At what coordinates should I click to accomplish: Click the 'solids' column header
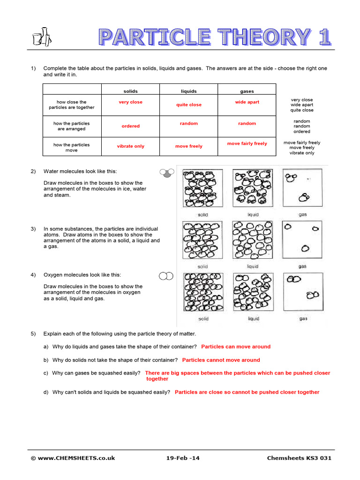click(130, 91)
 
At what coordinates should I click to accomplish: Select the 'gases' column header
click(247, 91)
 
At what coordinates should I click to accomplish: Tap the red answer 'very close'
click(130, 102)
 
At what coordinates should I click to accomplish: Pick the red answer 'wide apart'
click(247, 102)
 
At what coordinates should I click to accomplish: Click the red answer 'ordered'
click(131, 126)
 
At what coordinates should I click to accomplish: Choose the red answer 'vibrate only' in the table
click(131, 146)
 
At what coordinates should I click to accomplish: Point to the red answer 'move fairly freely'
click(247, 143)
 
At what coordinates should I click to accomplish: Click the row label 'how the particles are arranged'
click(72, 126)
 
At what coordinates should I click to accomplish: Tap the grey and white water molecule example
click(166, 172)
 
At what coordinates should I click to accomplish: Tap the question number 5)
click(33, 334)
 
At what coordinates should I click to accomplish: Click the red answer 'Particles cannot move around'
click(221, 360)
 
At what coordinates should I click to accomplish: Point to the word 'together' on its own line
click(157, 379)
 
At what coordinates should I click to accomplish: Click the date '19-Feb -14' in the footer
click(183, 458)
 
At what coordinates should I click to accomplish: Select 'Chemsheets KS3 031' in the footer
click(299, 458)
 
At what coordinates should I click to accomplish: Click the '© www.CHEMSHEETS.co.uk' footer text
click(73, 458)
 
